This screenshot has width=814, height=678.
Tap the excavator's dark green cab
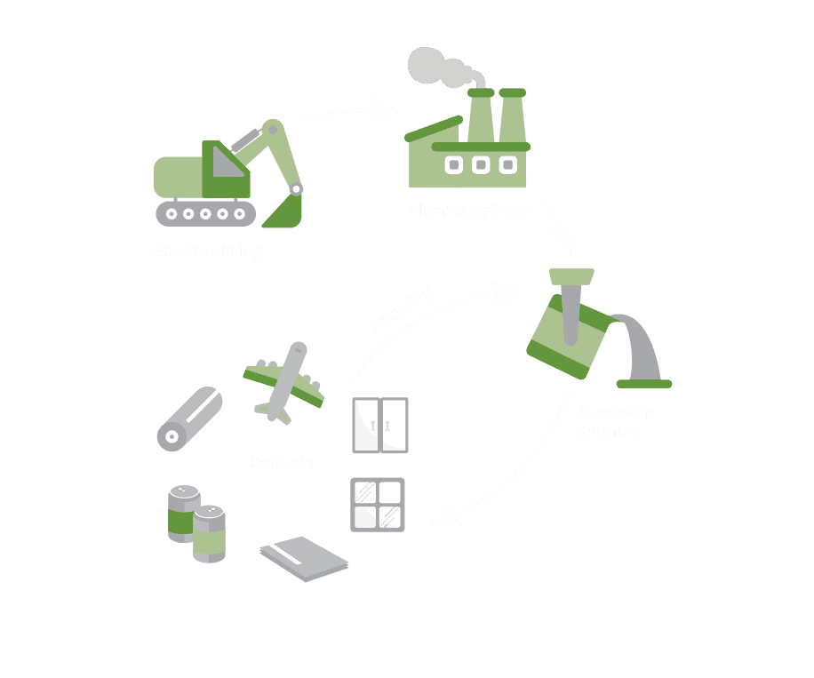click(225, 170)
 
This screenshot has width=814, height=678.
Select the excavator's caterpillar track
click(205, 213)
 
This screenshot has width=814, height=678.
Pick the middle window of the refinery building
click(481, 164)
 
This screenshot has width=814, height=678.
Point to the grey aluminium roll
click(188, 418)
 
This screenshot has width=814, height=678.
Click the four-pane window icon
click(378, 505)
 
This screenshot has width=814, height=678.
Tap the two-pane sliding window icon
click(380, 425)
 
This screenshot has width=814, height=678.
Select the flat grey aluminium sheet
click(304, 558)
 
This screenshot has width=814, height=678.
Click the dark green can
click(184, 513)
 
